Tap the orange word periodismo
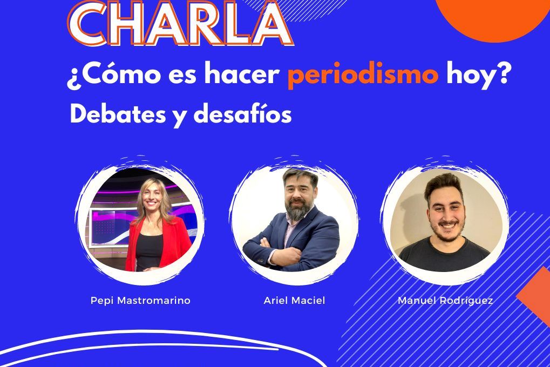tap(363, 75)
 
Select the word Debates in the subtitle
tap(118, 114)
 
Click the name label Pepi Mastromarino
tap(140, 301)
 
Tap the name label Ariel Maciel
tap(294, 300)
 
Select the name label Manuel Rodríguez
tap(445, 301)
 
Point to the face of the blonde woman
tap(152, 198)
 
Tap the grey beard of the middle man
tap(298, 210)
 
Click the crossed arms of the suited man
tap(277, 251)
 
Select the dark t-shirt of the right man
tap(444, 254)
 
